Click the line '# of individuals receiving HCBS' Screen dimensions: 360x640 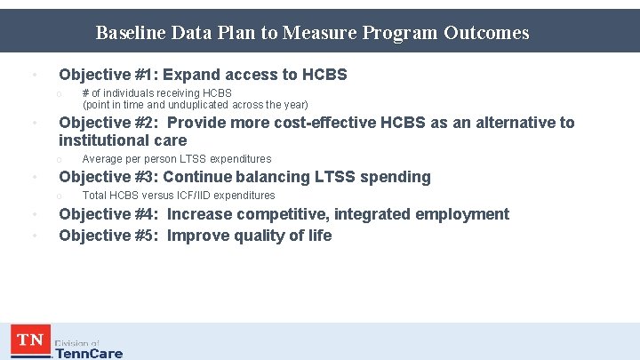coord(156,92)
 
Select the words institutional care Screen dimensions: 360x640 coord(123,140)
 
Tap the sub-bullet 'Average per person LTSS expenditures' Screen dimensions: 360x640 coord(176,159)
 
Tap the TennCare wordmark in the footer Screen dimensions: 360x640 coord(89,353)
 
